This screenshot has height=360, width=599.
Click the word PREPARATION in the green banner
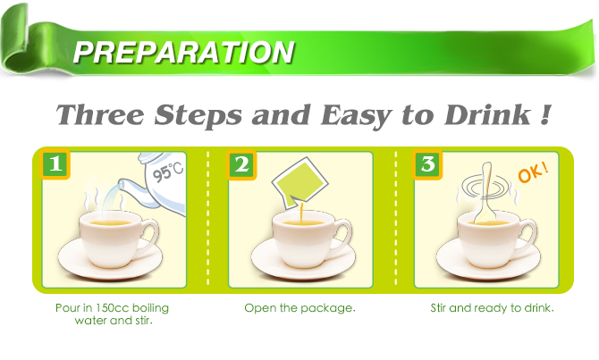183,51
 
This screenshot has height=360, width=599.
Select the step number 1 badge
55,164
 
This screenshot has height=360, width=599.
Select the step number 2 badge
240,164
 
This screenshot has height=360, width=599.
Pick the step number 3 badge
426,164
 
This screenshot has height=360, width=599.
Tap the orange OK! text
534,169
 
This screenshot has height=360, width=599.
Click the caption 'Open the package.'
300,308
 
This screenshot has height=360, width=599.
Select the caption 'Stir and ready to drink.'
492,308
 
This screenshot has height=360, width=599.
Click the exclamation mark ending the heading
544,115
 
